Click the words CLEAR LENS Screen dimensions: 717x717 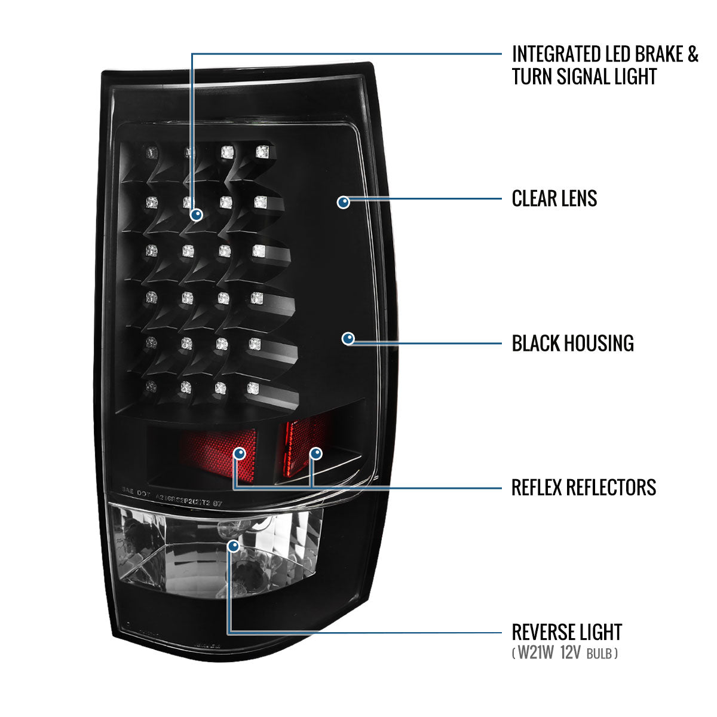click(554, 198)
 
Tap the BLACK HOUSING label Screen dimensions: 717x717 click(572, 344)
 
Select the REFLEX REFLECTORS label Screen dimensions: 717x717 click(583, 488)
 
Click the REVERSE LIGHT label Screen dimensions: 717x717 click(566, 632)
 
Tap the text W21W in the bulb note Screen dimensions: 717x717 click(535, 653)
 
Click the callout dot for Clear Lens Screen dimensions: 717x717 click(344, 202)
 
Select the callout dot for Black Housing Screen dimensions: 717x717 click(348, 339)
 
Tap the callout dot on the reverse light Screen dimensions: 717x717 click(234, 545)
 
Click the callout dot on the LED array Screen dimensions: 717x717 click(196, 215)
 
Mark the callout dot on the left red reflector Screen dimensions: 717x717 click(240, 454)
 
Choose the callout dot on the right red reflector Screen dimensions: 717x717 click(315, 454)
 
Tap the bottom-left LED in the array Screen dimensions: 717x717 click(151, 386)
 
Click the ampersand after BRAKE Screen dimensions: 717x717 click(692, 54)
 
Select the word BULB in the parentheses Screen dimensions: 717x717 click(600, 654)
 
